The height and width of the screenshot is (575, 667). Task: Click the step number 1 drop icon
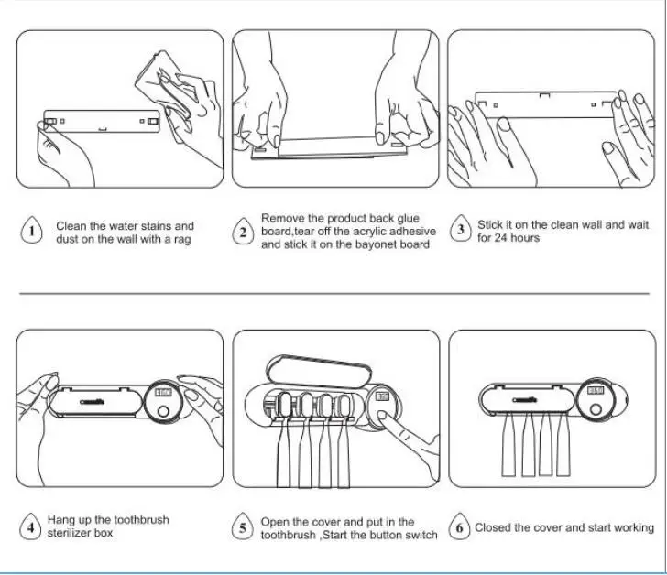pyautogui.click(x=32, y=232)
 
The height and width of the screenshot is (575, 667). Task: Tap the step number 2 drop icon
pyautogui.click(x=243, y=232)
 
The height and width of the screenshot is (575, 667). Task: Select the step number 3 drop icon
pyautogui.click(x=461, y=230)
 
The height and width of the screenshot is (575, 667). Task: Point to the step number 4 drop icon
pyautogui.click(x=32, y=526)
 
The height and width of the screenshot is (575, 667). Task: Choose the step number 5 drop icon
pyautogui.click(x=243, y=528)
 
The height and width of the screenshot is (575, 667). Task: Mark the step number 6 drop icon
pyautogui.click(x=458, y=528)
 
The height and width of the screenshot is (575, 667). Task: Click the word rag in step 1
pyautogui.click(x=181, y=240)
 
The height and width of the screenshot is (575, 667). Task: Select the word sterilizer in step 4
pyautogui.click(x=71, y=533)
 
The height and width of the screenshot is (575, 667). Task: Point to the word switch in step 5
pyautogui.click(x=421, y=535)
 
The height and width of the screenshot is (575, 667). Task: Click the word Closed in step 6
pyautogui.click(x=493, y=527)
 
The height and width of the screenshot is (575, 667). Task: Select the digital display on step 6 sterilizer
pyautogui.click(x=596, y=391)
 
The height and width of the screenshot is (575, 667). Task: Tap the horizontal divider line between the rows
pyautogui.click(x=333, y=294)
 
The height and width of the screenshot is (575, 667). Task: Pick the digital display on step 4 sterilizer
pyautogui.click(x=163, y=393)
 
